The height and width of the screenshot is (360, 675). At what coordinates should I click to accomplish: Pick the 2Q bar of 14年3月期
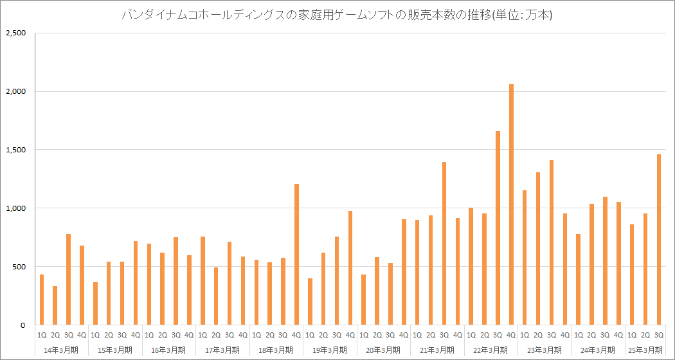pyautogui.click(x=55, y=305)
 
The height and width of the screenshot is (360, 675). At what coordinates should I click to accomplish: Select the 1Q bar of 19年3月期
pyautogui.click(x=310, y=301)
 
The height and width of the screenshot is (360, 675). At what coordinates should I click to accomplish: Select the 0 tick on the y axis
pyautogui.click(x=22, y=325)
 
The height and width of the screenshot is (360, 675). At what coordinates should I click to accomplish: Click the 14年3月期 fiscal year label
pyautogui.click(x=62, y=350)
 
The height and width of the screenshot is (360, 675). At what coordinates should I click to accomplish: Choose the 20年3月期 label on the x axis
pyautogui.click(x=384, y=350)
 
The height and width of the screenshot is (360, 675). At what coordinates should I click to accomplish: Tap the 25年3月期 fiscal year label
pyautogui.click(x=645, y=350)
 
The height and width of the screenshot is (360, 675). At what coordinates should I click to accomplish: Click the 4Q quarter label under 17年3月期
pyautogui.click(x=243, y=335)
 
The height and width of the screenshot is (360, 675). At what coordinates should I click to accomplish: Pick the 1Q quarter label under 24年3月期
pyautogui.click(x=579, y=335)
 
